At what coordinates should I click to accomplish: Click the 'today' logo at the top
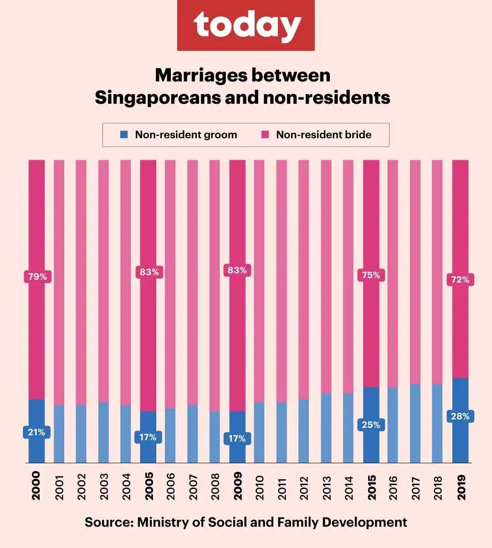coord(246,25)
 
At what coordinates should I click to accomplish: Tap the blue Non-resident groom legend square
coord(123,135)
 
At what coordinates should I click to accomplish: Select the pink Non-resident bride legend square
coord(265,135)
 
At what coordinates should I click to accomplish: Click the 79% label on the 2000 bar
coord(37,277)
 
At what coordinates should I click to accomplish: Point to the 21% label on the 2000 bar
coord(36,432)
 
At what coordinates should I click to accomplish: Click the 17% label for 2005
coord(148,437)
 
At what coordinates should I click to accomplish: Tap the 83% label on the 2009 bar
coord(237,270)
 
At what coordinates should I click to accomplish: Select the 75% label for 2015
coord(371,275)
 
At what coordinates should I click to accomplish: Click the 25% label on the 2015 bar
coord(371,425)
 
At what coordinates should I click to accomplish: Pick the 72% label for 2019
coord(460,279)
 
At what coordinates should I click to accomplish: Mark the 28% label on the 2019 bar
coord(460,416)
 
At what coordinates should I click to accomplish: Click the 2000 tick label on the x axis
coord(36,486)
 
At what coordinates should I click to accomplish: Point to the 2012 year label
coord(304,487)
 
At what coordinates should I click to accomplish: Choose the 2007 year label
coord(193,487)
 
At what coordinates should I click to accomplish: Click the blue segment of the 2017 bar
coord(415,423)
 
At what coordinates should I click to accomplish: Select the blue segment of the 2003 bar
coord(103,432)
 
